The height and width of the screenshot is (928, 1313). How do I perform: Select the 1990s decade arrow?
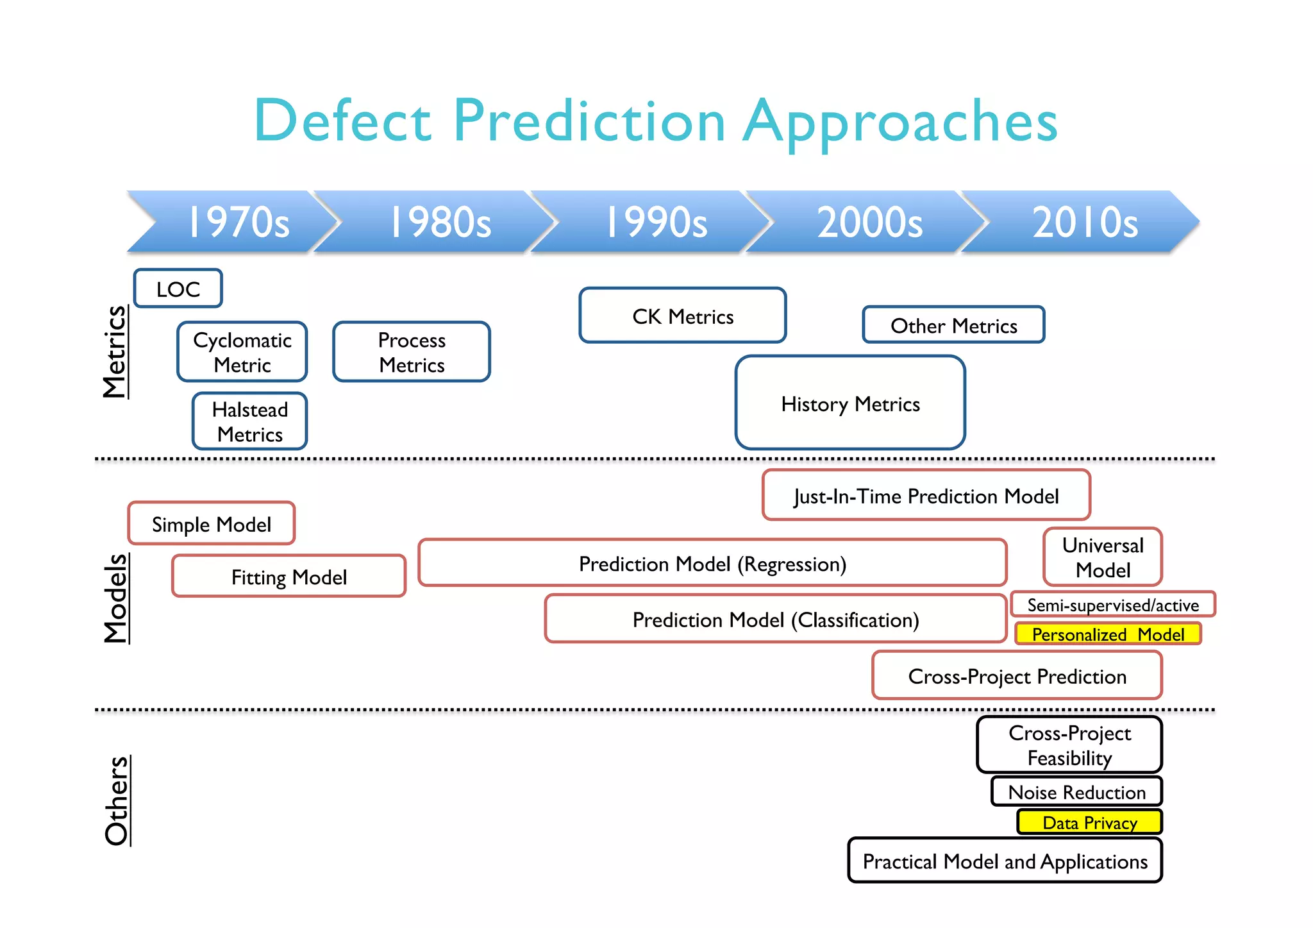(655, 222)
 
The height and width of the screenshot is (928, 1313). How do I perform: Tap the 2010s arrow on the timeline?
(1083, 222)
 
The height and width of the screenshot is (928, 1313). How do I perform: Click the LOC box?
(178, 289)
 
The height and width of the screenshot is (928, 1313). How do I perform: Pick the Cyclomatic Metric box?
(242, 352)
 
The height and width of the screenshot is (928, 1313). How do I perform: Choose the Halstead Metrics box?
(250, 421)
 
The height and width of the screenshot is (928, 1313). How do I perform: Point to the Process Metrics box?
(412, 352)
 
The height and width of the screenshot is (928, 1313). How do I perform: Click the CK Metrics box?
(683, 316)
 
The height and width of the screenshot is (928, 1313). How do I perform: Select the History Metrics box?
(850, 403)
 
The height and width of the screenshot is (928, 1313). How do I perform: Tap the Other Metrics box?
(953, 325)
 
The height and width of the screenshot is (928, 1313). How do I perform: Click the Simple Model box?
(212, 524)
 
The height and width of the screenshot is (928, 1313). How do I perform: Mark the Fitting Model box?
(289, 577)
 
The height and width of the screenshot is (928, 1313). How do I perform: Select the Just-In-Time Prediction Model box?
(926, 495)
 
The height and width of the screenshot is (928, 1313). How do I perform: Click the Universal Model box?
(1103, 557)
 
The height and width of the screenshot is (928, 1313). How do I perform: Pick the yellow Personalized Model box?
(1108, 634)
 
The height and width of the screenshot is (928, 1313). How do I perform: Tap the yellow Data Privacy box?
(1089, 822)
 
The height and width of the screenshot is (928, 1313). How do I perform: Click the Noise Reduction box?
(1076, 791)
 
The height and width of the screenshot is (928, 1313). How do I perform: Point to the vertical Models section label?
(116, 598)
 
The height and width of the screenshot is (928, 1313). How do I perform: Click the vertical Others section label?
(117, 800)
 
